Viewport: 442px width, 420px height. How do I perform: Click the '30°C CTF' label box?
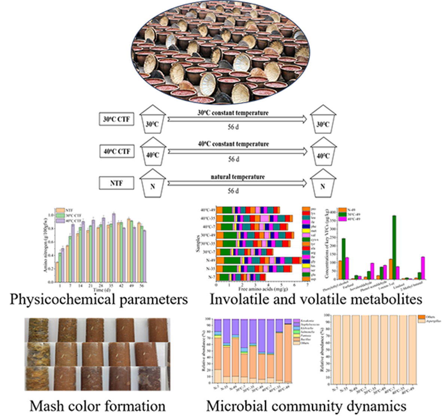pos(116,120)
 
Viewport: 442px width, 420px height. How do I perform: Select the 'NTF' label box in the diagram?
pos(116,183)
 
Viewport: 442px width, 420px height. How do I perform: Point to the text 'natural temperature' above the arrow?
pos(237,176)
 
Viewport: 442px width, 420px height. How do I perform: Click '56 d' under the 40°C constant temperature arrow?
pos(234,159)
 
